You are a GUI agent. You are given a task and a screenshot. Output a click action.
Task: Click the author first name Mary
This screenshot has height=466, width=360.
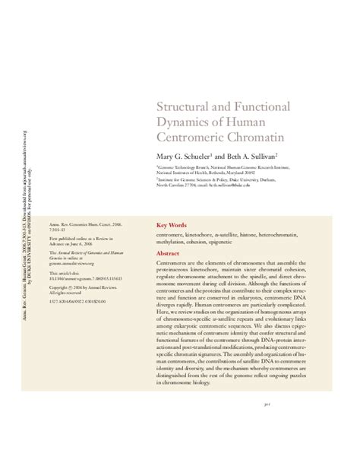(166, 154)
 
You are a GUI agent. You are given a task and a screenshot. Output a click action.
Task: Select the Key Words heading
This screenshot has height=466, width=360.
(171, 204)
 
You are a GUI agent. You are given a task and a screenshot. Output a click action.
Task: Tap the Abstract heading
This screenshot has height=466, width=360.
(168, 233)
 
